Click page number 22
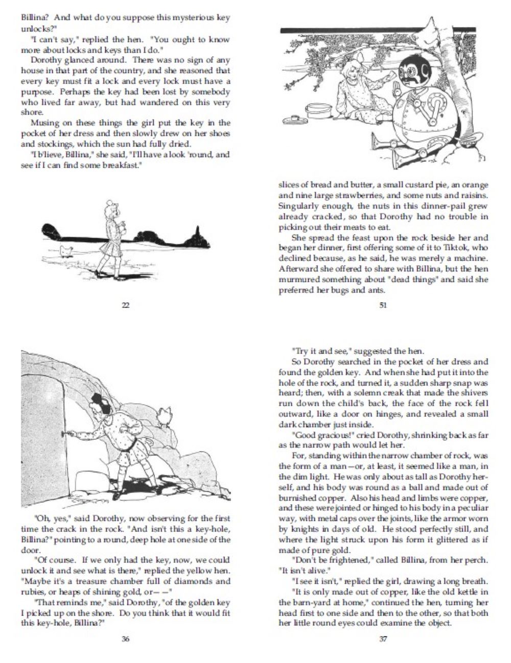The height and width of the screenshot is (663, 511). click(125, 306)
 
